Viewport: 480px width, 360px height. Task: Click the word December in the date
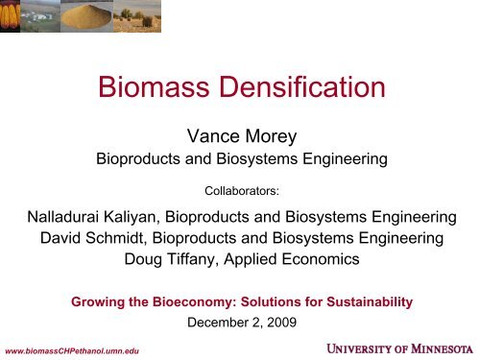click(220, 323)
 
